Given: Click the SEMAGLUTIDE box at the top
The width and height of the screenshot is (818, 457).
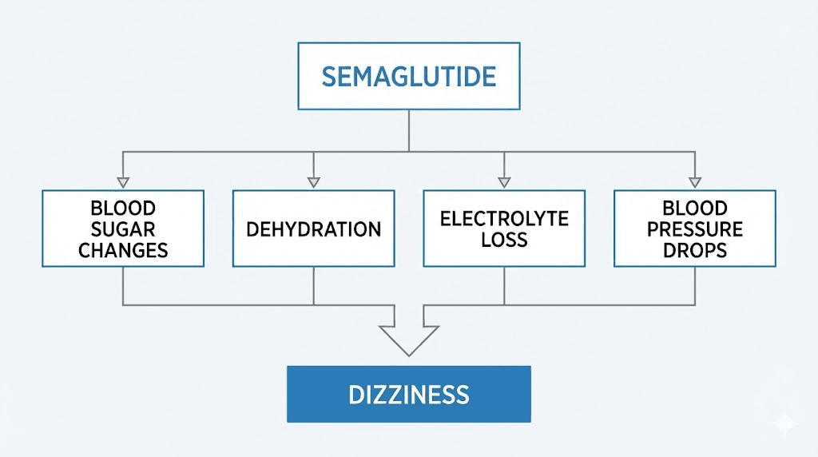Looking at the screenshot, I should (x=408, y=76).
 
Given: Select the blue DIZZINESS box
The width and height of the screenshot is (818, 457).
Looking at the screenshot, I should (x=408, y=394).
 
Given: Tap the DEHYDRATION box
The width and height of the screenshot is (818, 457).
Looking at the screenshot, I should (x=313, y=229).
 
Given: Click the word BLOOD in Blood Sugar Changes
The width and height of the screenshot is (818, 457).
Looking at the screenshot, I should (x=123, y=209).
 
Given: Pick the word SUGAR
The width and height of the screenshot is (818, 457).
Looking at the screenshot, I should (x=123, y=229).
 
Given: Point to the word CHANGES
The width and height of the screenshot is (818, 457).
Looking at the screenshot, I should (x=123, y=250).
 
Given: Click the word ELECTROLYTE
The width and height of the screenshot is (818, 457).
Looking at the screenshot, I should (x=504, y=218).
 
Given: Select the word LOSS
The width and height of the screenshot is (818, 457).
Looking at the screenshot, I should (x=504, y=240).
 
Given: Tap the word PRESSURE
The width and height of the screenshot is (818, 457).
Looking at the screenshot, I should (x=694, y=229).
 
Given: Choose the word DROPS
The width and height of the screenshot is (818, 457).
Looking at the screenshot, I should (x=694, y=250).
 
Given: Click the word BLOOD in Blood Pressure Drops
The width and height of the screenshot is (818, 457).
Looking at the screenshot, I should (x=694, y=209).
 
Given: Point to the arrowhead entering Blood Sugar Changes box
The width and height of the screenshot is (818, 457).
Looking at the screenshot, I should (x=122, y=182).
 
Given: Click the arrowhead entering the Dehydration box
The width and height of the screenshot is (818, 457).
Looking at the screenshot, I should (x=313, y=182).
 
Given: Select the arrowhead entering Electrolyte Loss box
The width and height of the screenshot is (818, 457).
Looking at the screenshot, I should (x=504, y=182).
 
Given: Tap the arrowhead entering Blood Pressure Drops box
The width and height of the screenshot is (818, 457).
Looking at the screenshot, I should (x=694, y=182).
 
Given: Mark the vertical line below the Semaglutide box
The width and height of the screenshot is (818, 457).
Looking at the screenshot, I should (x=409, y=129).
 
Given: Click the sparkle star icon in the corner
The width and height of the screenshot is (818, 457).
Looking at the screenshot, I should (x=784, y=423).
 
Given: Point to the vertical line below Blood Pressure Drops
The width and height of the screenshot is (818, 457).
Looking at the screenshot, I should (x=694, y=285).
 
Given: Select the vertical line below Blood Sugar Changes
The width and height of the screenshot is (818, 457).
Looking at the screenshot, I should (x=122, y=285).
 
